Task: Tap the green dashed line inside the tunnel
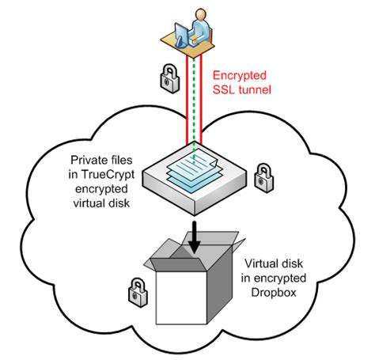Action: [192, 95]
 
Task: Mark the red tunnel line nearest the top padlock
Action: [184, 95]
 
